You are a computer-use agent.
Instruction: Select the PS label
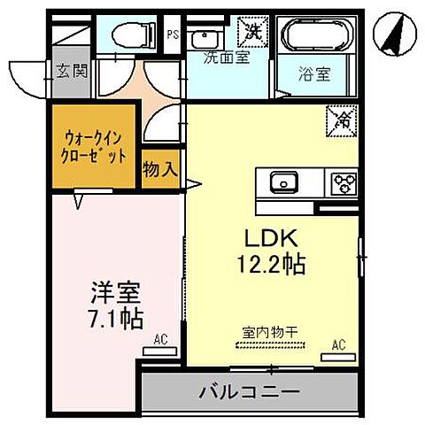point(174,36)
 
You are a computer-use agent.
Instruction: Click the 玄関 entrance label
point(72,72)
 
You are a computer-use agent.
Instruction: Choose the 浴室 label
point(314,74)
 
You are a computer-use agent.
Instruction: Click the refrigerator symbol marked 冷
point(339,118)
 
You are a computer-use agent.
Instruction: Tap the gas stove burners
point(343,182)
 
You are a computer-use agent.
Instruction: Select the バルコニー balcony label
point(249,390)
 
